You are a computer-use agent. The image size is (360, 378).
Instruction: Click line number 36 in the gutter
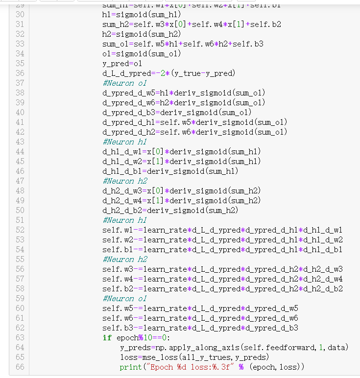click(20, 73)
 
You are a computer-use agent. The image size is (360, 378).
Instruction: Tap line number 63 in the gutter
click(20, 338)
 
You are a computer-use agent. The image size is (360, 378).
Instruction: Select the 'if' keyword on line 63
click(107, 338)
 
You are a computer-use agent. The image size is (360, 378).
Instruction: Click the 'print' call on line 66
click(129, 367)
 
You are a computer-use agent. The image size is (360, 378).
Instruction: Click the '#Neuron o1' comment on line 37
click(124, 83)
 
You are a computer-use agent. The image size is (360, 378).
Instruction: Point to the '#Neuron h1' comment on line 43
click(124, 142)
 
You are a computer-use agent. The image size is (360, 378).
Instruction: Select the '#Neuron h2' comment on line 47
click(124, 181)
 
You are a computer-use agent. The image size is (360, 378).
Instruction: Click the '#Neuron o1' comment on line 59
click(124, 299)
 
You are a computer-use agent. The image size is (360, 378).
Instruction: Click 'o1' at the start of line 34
click(107, 54)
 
